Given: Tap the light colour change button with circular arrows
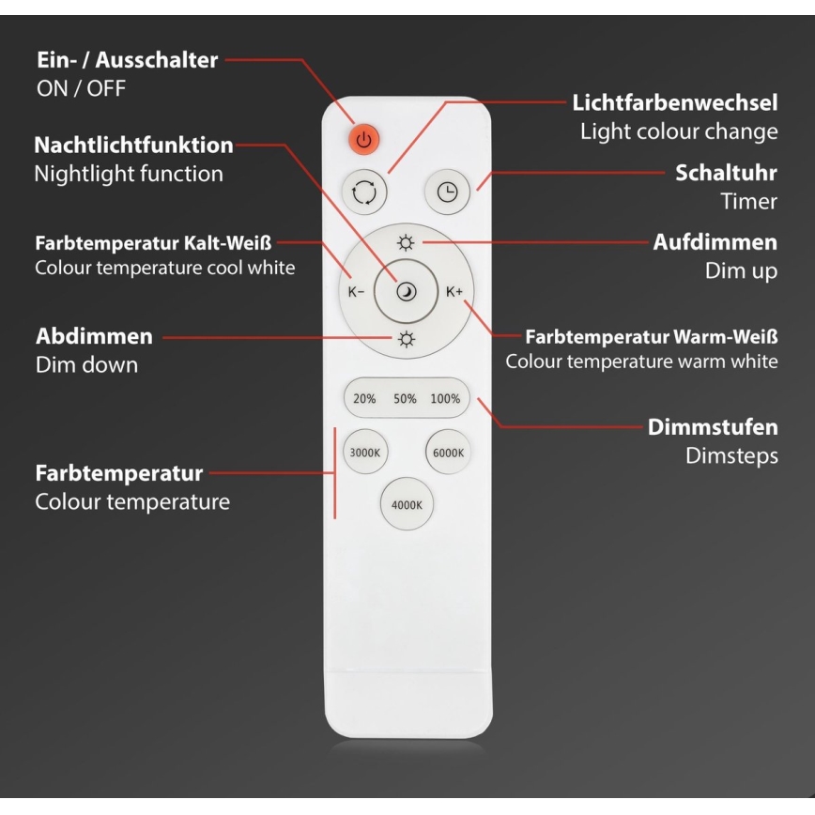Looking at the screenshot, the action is [364, 192].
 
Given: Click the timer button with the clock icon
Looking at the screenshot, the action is [448, 192].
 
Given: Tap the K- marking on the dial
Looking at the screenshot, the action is [356, 292].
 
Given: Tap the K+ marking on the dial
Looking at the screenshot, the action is [454, 292].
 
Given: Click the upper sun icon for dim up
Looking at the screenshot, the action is [406, 243].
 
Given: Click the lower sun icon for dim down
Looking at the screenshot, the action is [406, 339].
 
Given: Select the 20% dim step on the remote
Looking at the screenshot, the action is [364, 399].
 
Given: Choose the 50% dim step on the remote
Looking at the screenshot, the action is [405, 399].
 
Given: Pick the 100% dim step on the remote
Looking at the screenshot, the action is [445, 399].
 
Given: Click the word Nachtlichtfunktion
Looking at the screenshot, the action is [133, 145].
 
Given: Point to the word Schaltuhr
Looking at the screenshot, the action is [726, 173].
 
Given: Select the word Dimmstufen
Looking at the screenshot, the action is [713, 427].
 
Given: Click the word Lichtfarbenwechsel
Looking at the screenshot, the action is [675, 103].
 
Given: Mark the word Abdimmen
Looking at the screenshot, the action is [95, 336].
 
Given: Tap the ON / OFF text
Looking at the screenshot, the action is [81, 89].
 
